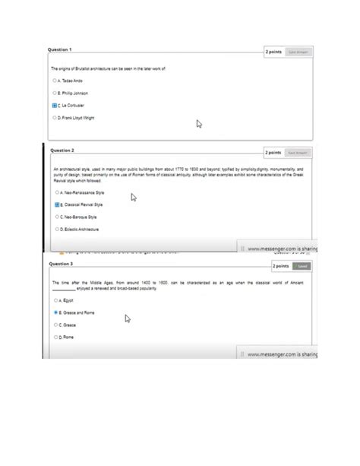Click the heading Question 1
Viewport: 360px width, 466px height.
point(60,49)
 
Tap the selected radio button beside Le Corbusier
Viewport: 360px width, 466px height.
point(55,106)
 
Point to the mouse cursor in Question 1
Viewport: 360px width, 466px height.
point(199,123)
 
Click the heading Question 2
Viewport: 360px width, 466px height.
point(62,151)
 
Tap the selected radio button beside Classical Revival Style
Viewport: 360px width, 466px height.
point(57,204)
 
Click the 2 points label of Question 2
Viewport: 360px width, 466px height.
point(273,152)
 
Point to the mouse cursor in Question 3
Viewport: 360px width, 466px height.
point(128,319)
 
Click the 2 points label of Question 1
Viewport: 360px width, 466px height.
point(273,52)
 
